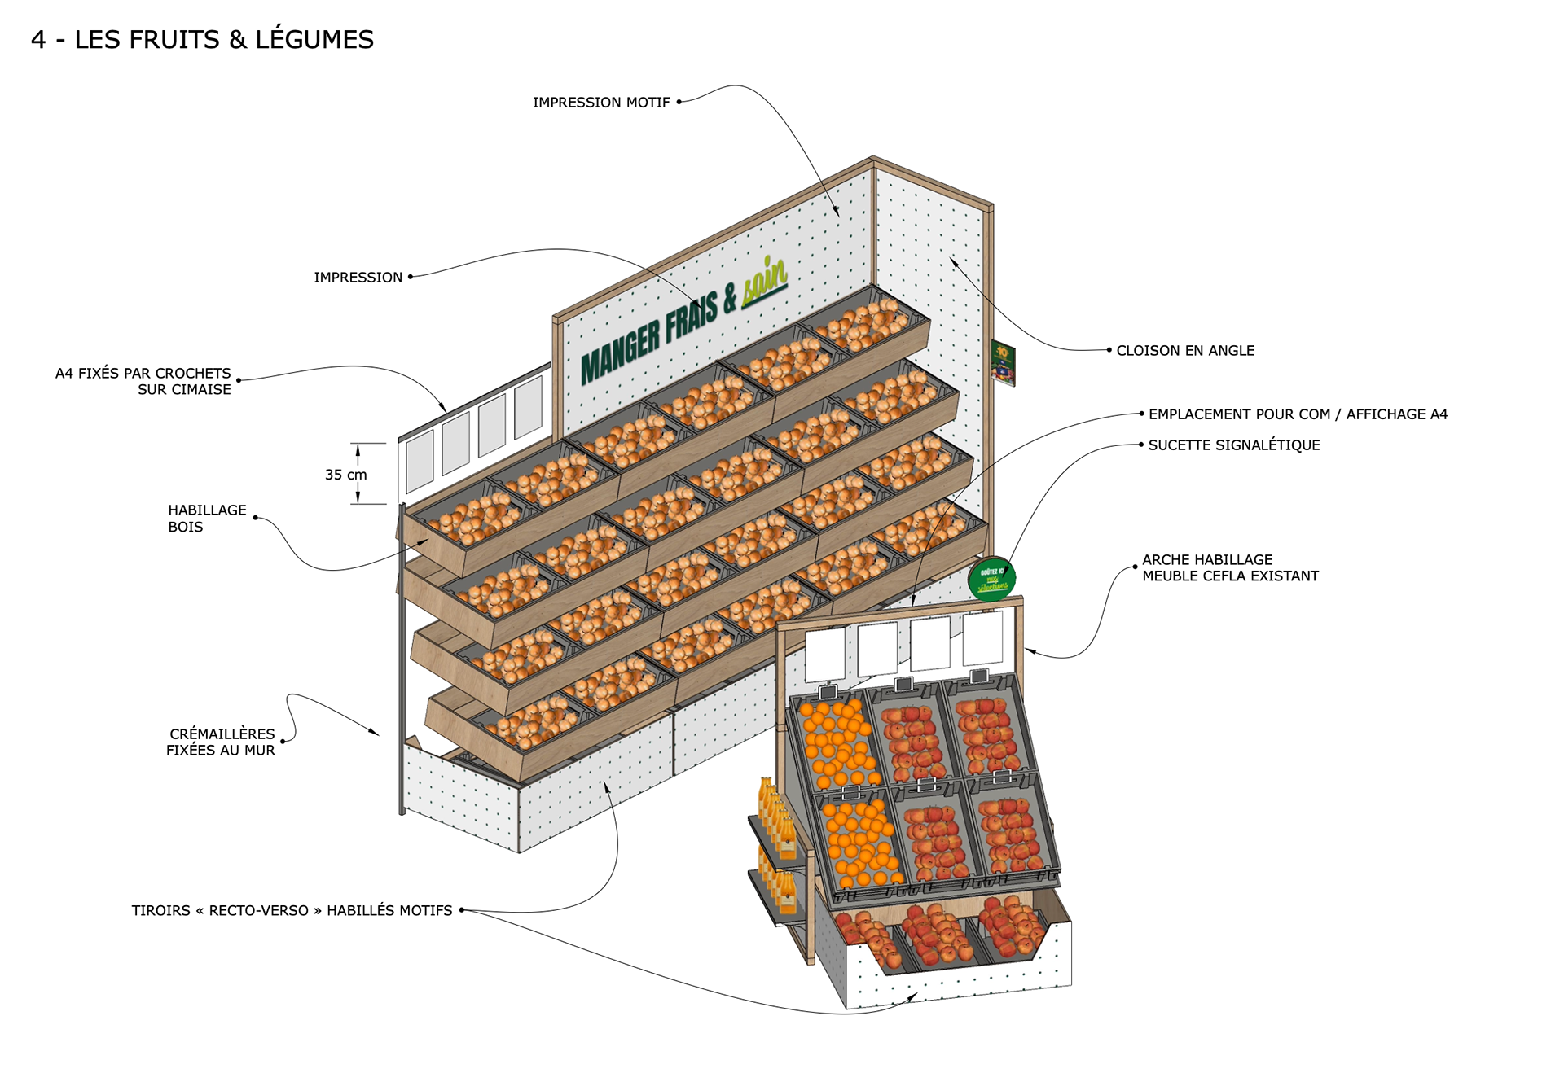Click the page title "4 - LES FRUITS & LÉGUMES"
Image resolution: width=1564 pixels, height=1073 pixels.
[x=202, y=39]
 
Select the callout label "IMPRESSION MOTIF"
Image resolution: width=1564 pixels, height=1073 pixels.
[x=600, y=103]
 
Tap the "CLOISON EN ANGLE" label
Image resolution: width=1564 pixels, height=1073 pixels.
[x=1184, y=351]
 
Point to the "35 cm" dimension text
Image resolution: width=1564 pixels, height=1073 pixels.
[x=345, y=475]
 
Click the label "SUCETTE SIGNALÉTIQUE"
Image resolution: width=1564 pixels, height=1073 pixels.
[x=1233, y=445]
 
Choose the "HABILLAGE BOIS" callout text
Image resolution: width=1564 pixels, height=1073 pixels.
[x=206, y=519]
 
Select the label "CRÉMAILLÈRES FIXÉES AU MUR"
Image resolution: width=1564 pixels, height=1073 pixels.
[x=221, y=742]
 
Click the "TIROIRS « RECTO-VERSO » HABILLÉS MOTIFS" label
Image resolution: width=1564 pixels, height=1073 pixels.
[x=292, y=911]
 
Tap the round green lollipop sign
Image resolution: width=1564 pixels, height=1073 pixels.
[x=991, y=580]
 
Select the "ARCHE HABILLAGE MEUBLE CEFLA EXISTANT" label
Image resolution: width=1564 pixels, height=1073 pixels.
[x=1229, y=568]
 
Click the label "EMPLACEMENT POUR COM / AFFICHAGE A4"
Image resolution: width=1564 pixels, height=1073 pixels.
[x=1298, y=414]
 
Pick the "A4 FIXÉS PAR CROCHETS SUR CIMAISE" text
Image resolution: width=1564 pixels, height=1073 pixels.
[x=143, y=382]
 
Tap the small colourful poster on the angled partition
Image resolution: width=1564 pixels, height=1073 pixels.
[x=1003, y=363]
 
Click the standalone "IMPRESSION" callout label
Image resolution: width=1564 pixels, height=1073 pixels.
[x=358, y=278]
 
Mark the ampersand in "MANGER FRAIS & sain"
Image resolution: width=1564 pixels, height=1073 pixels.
[x=730, y=296]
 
